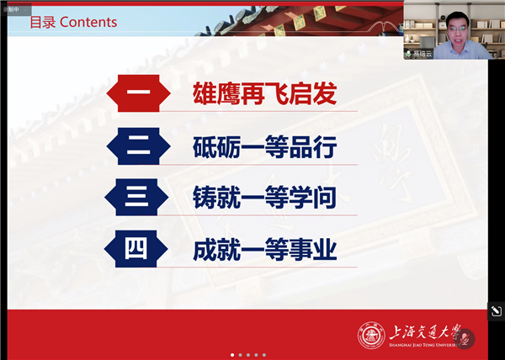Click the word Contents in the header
point(88,22)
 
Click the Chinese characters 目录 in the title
point(43,22)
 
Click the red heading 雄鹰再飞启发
point(264,93)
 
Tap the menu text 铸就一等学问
point(264,199)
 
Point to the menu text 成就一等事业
point(264,249)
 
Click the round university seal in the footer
point(371,336)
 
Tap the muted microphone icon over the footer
point(466,338)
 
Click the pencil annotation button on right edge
point(497,311)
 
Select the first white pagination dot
point(233,355)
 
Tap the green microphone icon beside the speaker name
point(408,54)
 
